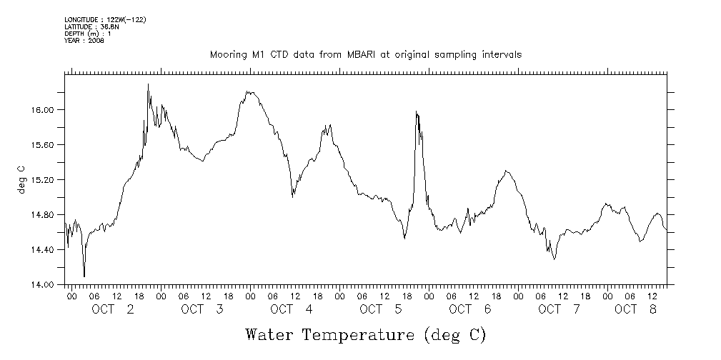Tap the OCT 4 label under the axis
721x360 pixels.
292,309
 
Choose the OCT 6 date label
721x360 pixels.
471,309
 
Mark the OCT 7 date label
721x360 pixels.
560,309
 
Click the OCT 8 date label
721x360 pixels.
636,309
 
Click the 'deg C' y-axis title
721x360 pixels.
21,179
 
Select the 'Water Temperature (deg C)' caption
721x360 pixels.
366,334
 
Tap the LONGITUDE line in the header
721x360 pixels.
105,19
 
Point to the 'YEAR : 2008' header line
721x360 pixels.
84,41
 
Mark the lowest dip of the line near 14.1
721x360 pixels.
84,276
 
